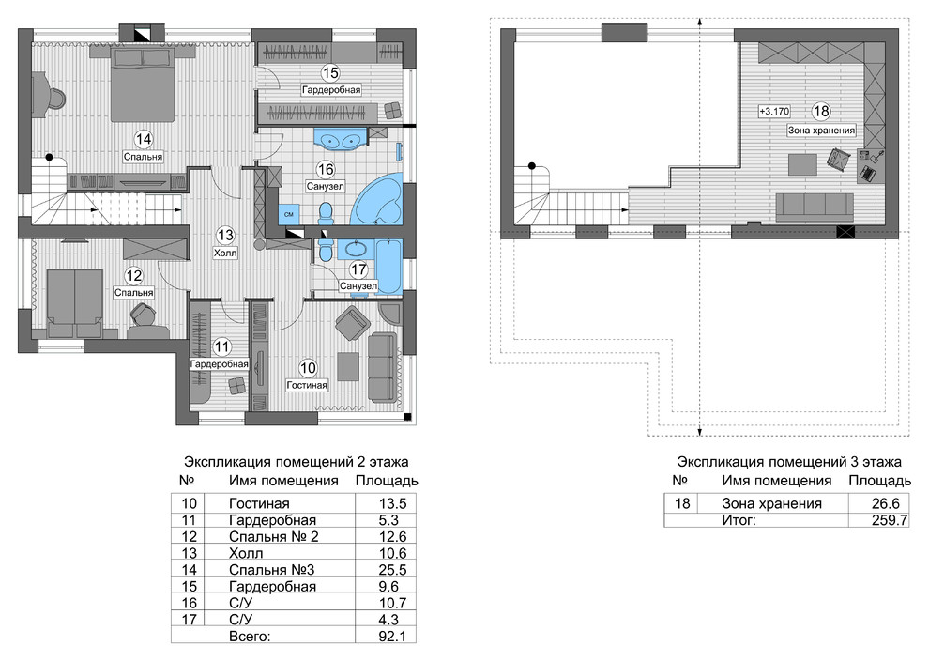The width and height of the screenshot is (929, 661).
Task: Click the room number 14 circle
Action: (x=144, y=140)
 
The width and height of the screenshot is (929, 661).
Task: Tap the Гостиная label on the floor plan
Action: (x=307, y=385)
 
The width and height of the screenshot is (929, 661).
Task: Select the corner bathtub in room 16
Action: (x=377, y=199)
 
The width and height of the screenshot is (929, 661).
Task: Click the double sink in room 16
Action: (x=341, y=140)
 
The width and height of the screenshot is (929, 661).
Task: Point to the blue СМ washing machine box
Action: (x=289, y=214)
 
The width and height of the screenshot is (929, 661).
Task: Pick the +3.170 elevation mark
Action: (x=774, y=112)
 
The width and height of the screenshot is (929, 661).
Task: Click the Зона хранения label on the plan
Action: (x=821, y=131)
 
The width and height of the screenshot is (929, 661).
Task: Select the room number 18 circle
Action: (x=821, y=112)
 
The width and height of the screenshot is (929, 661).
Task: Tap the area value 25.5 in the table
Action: (x=393, y=570)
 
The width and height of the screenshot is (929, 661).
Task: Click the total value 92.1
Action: (x=393, y=636)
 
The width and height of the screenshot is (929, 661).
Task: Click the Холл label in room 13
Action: (x=225, y=254)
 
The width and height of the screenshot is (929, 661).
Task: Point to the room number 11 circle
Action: (x=221, y=346)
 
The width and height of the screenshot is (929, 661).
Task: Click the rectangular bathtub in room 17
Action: (x=389, y=266)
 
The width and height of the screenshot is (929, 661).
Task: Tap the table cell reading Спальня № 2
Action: (x=274, y=536)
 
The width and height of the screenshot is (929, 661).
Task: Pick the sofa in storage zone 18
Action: (x=815, y=206)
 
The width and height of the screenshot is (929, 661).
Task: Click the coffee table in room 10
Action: (x=348, y=366)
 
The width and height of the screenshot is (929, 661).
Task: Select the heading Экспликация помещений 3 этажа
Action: (x=789, y=462)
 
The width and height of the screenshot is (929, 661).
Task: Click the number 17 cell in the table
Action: (x=189, y=620)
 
